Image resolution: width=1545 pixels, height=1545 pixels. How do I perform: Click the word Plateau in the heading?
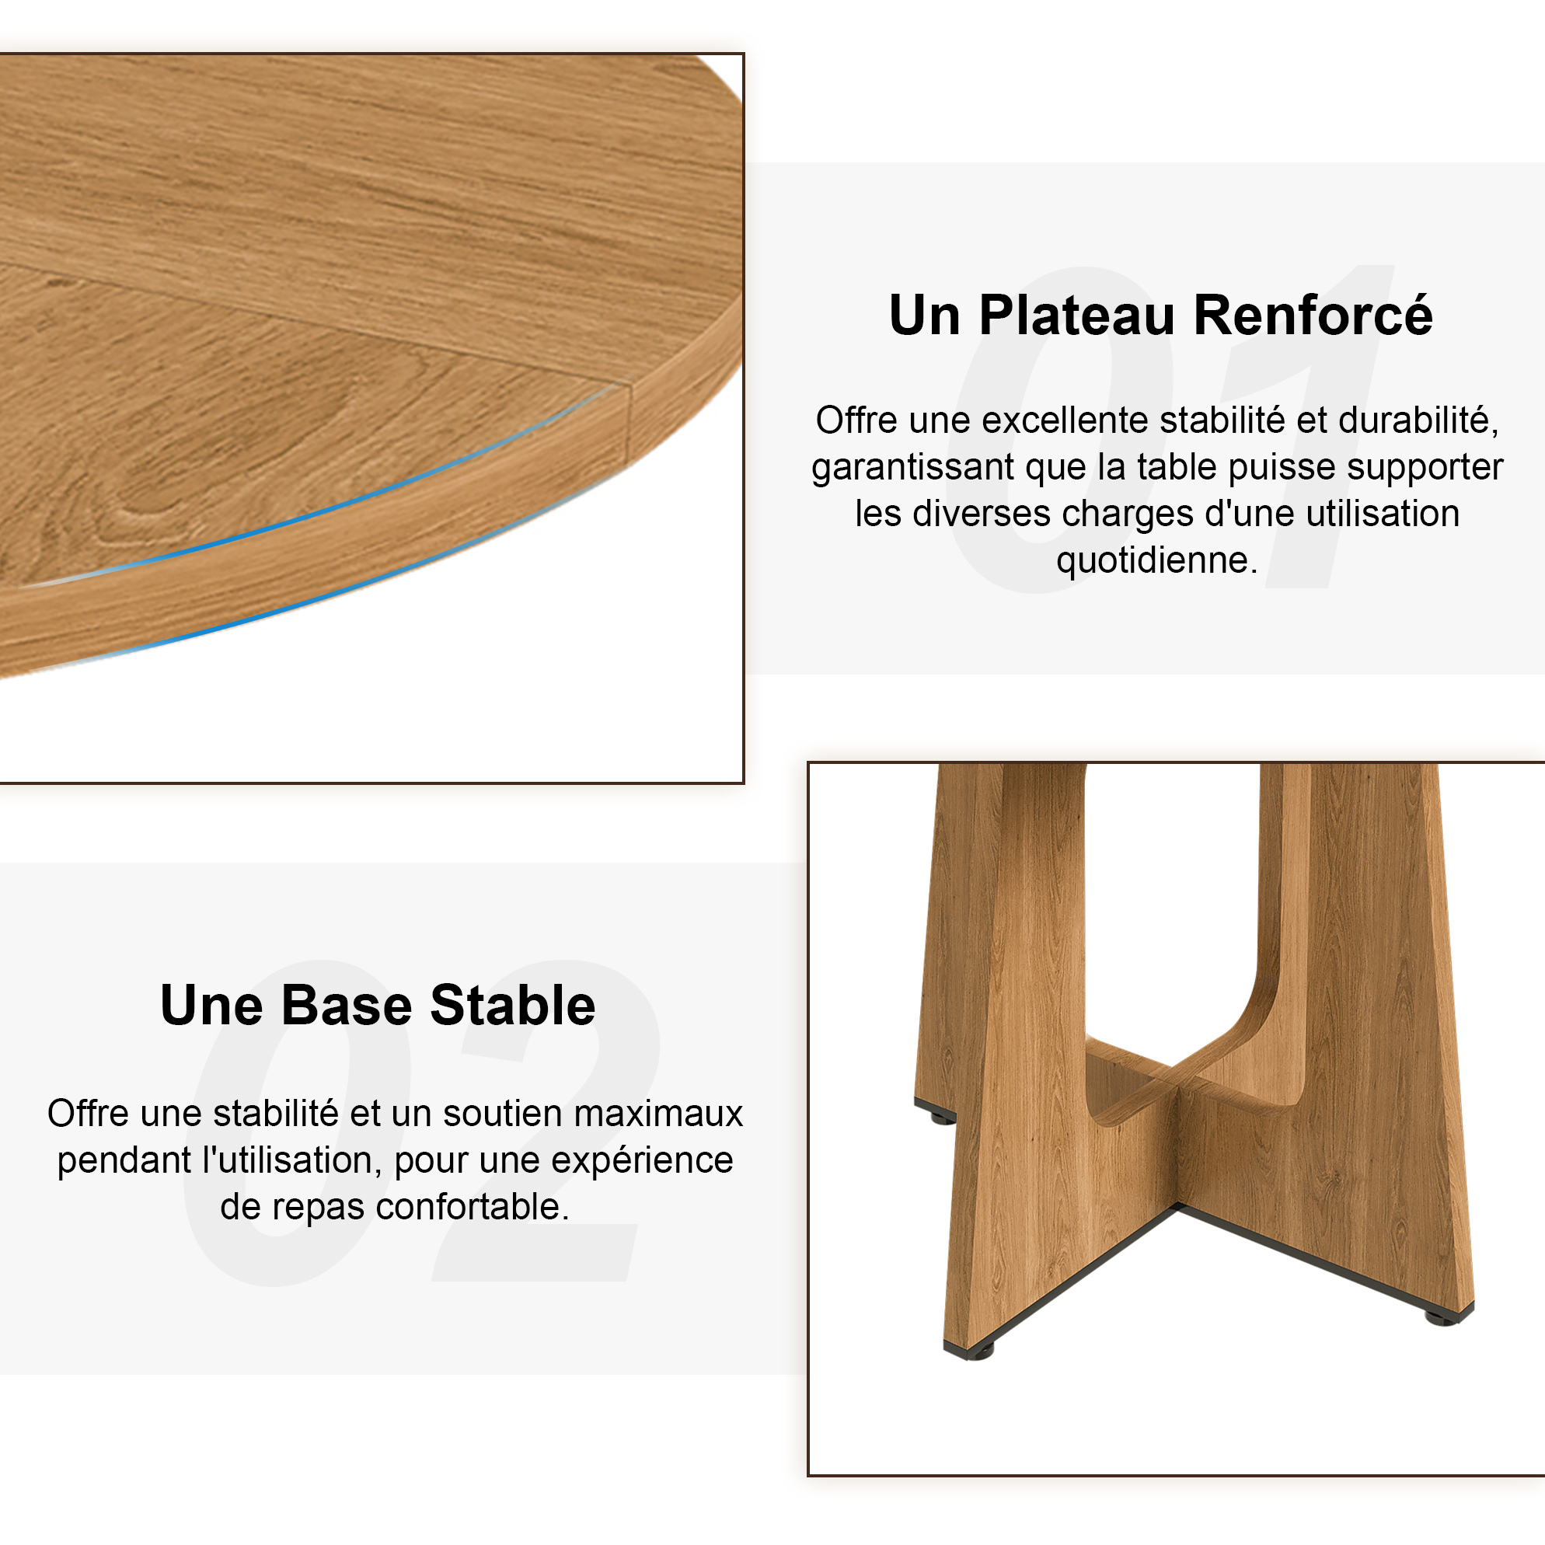click(x=1077, y=316)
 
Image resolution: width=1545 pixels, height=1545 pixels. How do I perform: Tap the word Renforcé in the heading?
click(x=1313, y=314)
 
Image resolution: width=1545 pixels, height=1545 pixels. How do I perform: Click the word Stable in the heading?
click(x=513, y=1005)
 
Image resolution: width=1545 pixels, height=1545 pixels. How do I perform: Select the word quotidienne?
click(x=1156, y=560)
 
